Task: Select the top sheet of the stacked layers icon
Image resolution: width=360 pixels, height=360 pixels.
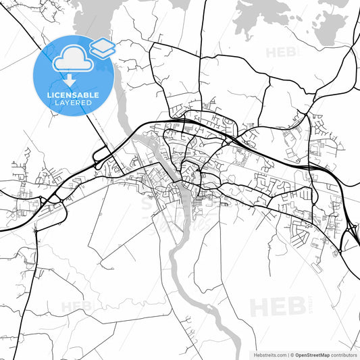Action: [102, 45]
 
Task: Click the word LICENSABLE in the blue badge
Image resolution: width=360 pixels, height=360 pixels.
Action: [73, 95]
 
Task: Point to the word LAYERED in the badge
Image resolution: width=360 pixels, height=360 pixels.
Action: [73, 104]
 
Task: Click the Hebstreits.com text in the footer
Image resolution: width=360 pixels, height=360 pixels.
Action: [269, 354]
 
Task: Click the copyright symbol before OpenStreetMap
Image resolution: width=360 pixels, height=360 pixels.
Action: [292, 354]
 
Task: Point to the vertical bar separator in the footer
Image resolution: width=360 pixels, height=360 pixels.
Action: [288, 354]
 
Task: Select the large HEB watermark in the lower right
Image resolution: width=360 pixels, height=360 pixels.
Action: [277, 307]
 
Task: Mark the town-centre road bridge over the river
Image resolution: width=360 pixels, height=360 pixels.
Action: [176, 183]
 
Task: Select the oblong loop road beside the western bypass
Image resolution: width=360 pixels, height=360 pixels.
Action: [99, 157]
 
